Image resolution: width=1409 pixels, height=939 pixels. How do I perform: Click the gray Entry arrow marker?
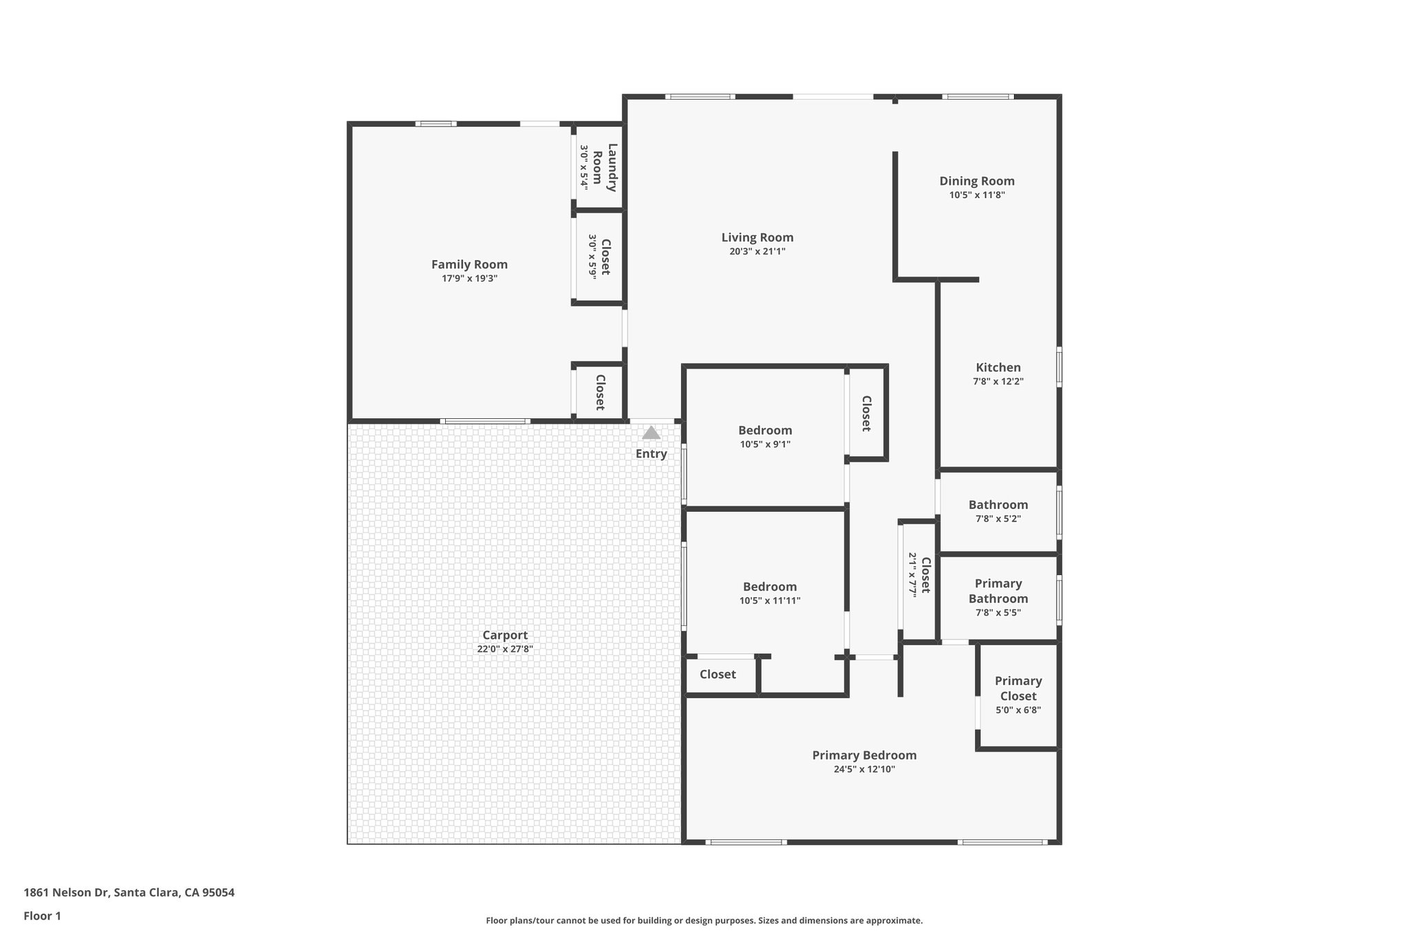coord(651,433)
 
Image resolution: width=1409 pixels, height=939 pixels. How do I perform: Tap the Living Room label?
coord(757,237)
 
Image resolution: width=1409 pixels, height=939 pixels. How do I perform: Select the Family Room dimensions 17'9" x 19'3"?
coord(469,279)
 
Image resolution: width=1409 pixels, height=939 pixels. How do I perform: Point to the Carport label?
coord(505,635)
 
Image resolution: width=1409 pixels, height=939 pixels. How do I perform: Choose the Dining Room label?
coord(977,181)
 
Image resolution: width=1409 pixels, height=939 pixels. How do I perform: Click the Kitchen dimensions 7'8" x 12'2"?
coord(998,381)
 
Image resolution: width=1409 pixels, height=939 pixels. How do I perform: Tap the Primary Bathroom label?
coord(998,591)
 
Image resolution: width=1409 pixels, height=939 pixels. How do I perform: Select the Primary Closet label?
coord(1018,688)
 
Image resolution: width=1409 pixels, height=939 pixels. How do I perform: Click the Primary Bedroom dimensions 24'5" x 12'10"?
coord(864,769)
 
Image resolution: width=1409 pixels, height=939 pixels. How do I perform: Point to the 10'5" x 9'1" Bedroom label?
coord(765,431)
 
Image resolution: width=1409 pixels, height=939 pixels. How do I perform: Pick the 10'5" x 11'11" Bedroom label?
coord(770,587)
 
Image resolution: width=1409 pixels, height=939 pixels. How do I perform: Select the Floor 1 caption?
coord(43,916)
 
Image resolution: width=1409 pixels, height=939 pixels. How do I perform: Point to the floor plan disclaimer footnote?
coord(704,920)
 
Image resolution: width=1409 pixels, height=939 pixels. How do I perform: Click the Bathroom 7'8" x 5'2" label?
coord(998,505)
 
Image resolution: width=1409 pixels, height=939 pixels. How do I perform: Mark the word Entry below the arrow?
coord(651,453)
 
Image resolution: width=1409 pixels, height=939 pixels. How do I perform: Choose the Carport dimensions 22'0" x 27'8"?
coord(505,649)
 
